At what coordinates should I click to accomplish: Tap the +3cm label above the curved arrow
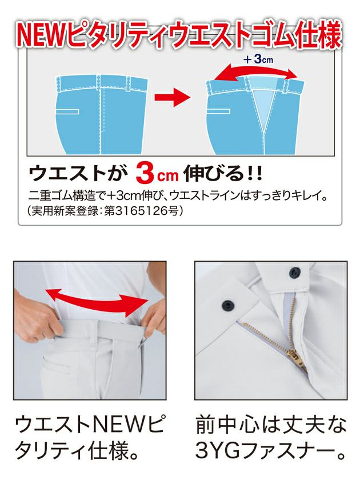[258, 59]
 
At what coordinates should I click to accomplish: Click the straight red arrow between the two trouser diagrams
[171, 97]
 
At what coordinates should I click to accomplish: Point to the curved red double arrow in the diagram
[255, 73]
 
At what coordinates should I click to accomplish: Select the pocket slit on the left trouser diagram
[67, 111]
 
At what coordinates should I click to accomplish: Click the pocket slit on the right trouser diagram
[218, 111]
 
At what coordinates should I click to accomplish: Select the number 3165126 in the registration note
[142, 211]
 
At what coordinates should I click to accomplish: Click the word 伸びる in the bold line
[214, 174]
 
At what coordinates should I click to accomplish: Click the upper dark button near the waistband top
[294, 272]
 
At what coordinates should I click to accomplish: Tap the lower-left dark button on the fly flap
[228, 305]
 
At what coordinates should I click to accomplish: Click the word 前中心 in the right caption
[227, 425]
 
